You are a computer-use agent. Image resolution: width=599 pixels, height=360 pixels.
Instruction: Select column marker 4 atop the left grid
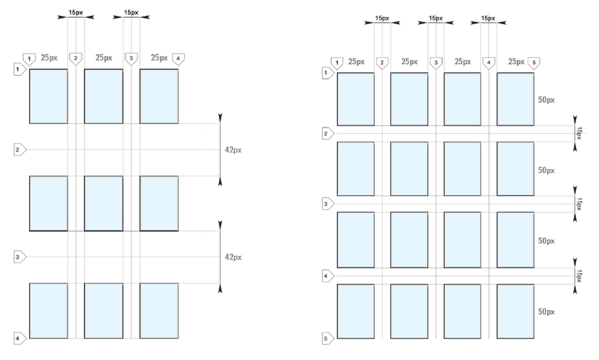coord(178,58)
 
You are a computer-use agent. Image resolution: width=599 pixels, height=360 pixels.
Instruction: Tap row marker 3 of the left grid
coord(19,257)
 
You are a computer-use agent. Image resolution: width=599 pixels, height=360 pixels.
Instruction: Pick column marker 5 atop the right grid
coord(533,63)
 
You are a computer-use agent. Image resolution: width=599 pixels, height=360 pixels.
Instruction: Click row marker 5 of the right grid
coord(324,340)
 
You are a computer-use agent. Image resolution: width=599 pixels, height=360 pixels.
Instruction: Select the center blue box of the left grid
coord(103,203)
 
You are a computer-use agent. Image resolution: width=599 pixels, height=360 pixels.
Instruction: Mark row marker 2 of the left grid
coord(19,150)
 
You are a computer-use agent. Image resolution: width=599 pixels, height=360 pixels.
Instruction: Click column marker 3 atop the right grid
coord(435,63)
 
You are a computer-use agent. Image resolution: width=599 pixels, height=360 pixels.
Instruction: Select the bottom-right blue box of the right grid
coord(515,311)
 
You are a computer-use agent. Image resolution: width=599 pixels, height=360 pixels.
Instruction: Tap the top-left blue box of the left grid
coord(48,95)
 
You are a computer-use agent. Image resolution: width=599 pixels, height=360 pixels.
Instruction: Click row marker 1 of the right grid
coord(324,72)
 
